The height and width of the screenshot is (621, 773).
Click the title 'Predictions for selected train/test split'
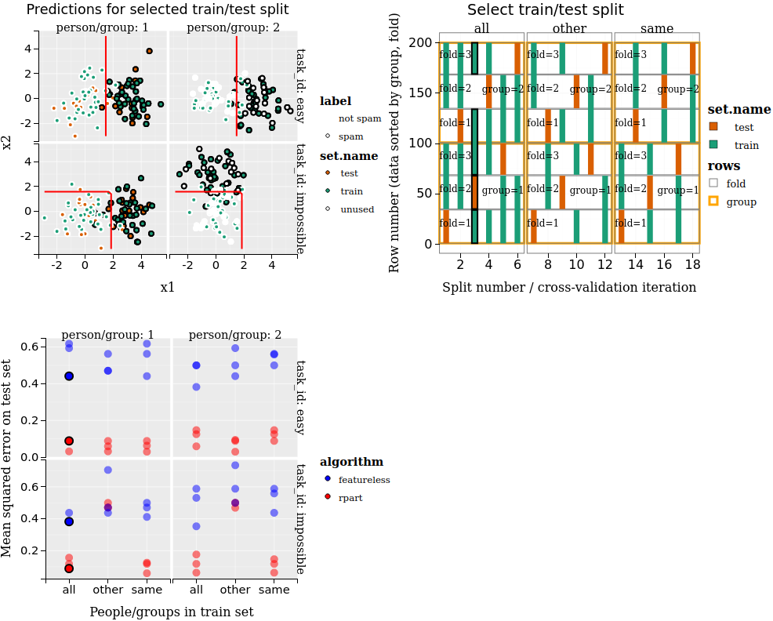point(157,10)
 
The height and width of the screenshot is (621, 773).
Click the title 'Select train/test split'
point(546,10)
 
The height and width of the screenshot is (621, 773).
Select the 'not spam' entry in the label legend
point(359,119)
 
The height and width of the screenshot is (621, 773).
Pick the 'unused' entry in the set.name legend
point(357,209)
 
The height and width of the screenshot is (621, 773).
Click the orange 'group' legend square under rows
point(713,202)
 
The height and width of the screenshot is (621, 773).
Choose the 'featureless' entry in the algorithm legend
point(364,480)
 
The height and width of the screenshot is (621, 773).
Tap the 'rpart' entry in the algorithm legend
point(350,498)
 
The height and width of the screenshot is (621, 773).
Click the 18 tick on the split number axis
point(691,266)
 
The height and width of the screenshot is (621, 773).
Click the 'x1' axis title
point(168,287)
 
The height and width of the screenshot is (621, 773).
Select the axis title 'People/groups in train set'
point(171,612)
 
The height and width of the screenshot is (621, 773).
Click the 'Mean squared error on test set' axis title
point(7,459)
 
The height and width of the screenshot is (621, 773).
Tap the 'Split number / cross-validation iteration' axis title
point(569,287)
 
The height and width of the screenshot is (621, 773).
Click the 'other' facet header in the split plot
point(569,29)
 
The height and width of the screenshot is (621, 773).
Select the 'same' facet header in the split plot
point(656,29)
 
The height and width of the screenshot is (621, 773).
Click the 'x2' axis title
point(7,142)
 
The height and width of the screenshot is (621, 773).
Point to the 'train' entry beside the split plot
point(746,145)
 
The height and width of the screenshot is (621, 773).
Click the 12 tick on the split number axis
point(604,266)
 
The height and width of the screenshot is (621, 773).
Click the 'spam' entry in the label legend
point(350,136)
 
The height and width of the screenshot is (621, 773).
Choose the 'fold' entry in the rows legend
point(735,183)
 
